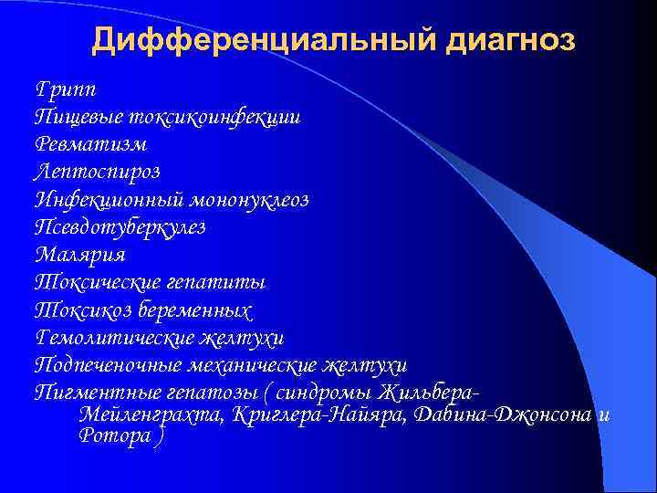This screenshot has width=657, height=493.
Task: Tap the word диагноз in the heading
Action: tap(498, 41)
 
